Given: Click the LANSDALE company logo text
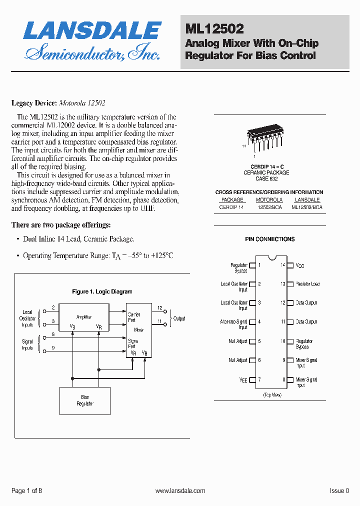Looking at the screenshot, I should tap(92, 31).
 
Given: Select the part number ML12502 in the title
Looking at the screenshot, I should tap(214, 30).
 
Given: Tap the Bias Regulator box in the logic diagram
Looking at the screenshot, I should tap(85, 400).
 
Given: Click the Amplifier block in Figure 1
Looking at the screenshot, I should tap(84, 317).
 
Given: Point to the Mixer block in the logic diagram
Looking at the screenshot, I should tap(138, 330).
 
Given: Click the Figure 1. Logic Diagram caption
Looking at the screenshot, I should tap(102, 291).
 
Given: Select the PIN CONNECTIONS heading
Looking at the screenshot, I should tap(269, 239).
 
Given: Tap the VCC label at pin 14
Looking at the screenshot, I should tap(300, 265).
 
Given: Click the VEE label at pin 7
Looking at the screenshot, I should tap(243, 380).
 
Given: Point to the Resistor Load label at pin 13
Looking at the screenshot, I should tap(307, 284).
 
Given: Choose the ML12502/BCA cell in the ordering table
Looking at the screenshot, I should tap(306, 206).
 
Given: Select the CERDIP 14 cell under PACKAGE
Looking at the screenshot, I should tap(231, 206).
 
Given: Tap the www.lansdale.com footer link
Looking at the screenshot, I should tap(180, 491).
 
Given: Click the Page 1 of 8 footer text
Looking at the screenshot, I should tap(26, 491).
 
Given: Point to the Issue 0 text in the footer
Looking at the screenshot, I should tap(339, 491).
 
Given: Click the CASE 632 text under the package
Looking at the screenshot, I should tap(266, 178).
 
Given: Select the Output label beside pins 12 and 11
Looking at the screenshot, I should tap(179, 318).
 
